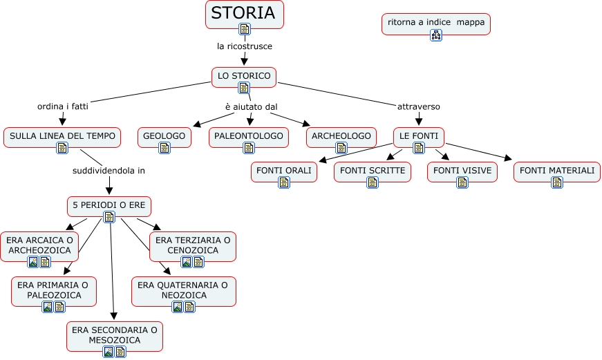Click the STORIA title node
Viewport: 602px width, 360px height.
click(244, 14)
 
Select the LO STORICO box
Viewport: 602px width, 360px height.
click(244, 75)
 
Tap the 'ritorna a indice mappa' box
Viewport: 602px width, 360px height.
click(435, 22)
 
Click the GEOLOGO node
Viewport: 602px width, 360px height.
click(164, 136)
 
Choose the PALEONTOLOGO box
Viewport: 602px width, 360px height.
click(249, 136)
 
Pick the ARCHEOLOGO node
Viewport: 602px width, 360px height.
click(341, 136)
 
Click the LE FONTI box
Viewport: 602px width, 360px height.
click(419, 136)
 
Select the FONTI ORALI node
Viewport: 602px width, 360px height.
click(283, 170)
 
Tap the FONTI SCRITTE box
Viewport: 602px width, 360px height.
click(372, 170)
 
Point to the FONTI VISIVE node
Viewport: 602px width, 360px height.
click(462, 170)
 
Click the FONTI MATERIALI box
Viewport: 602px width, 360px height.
click(556, 170)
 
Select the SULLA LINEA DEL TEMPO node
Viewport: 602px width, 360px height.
click(62, 136)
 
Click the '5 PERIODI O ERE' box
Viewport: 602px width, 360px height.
click(109, 205)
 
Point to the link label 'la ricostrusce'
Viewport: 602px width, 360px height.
click(244, 46)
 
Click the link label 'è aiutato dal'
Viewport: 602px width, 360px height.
click(251, 106)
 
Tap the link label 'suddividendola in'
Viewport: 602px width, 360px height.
click(109, 170)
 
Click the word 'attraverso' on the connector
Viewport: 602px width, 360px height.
click(419, 106)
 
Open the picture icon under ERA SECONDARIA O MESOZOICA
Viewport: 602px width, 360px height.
click(109, 352)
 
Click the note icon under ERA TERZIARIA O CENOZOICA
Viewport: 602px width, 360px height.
click(198, 262)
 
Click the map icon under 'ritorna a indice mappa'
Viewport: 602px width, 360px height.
click(435, 35)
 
